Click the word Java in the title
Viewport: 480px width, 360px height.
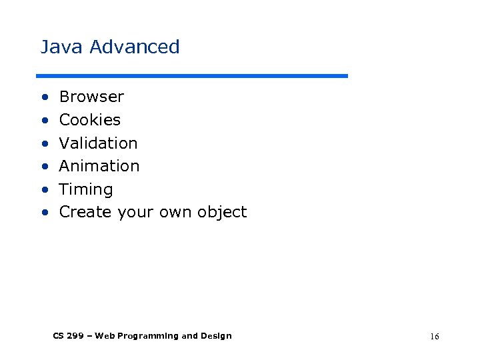62,47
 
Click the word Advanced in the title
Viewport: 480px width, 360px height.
135,47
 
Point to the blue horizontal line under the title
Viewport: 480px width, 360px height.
192,76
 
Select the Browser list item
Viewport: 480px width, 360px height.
91,97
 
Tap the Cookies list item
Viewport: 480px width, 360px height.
90,120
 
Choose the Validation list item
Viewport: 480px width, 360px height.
98,143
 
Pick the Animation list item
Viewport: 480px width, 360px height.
99,166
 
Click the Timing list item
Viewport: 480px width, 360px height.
86,189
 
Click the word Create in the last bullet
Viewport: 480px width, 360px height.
85,212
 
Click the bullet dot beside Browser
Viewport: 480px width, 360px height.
44,97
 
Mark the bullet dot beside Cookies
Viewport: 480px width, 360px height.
44,121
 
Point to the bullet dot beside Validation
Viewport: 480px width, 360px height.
44,144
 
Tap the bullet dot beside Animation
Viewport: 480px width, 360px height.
44,167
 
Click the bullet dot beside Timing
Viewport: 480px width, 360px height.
44,190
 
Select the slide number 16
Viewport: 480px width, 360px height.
434,337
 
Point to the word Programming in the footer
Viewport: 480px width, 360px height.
147,336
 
